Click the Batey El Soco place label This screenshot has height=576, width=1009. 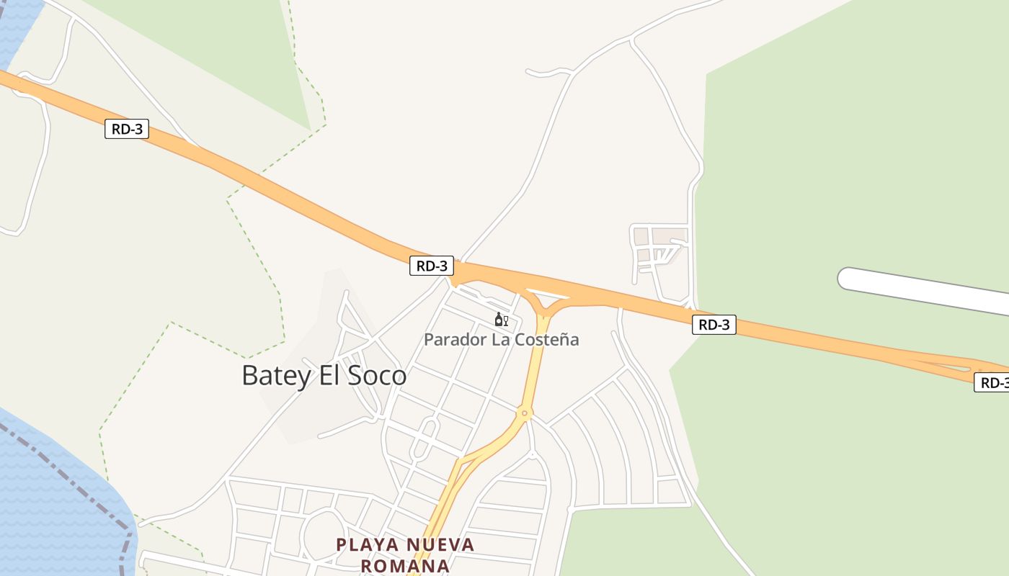(324, 376)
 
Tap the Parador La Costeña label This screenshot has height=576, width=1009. (501, 339)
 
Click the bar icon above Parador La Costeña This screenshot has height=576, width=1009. (501, 320)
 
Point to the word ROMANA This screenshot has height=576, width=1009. (405, 566)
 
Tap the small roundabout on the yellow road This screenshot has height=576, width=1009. (525, 413)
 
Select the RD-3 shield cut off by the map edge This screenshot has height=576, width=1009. (993, 382)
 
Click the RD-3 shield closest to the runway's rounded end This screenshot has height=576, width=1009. (714, 325)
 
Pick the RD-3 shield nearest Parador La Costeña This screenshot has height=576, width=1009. (432, 266)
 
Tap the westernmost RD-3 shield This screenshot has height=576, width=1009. (127, 130)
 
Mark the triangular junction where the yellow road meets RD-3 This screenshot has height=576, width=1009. (547, 301)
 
